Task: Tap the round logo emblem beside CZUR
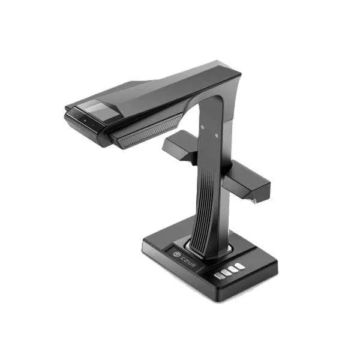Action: pos(176,254)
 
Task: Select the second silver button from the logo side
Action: pos(226,272)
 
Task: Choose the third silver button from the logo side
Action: pos(233,269)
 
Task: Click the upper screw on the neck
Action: pos(202,127)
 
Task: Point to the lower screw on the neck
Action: pos(216,136)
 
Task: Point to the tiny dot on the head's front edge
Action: pos(85,121)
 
